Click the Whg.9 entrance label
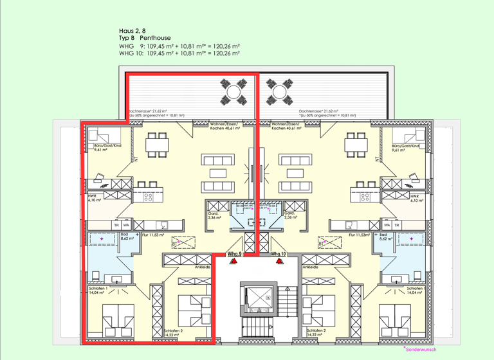coord(235,254)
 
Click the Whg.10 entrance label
coord(278,254)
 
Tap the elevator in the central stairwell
coord(257,297)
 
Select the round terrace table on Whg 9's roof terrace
coord(233,92)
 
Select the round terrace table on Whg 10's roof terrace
coord(280,92)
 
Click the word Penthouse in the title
coord(155,39)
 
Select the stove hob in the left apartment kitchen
coord(149,197)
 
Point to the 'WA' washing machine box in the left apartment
coord(126,226)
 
